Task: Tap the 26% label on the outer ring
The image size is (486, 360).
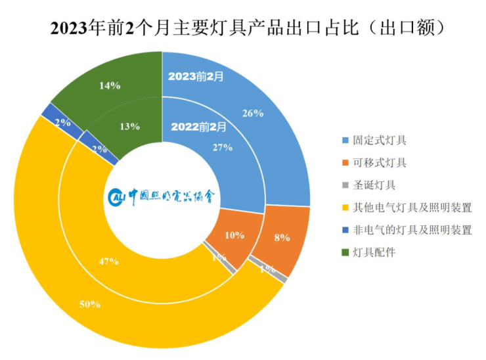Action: click(253, 112)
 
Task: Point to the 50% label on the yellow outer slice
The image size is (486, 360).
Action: click(89, 304)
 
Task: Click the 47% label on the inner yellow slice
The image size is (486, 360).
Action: click(108, 261)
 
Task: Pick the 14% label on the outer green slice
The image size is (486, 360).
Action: click(109, 85)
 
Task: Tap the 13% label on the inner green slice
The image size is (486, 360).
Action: click(129, 126)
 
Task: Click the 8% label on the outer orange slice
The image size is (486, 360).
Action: click(282, 238)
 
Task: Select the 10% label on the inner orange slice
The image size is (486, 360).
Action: click(234, 235)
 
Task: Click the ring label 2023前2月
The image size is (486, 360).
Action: click(196, 76)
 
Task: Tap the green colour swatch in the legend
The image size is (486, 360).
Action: click(346, 252)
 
